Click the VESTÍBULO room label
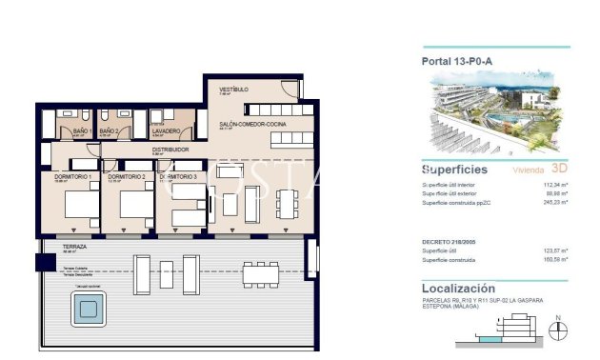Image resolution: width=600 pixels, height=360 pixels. coord(233,90)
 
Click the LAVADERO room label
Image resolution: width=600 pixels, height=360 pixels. coord(166,130)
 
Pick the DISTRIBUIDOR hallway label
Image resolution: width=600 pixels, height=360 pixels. coord(171,150)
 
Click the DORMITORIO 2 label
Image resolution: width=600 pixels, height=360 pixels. coord(127,176)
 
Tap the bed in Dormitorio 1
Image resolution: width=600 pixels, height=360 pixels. coord(76,206)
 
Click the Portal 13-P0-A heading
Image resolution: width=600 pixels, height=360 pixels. coord(456,62)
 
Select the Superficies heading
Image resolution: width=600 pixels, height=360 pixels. coord(454,170)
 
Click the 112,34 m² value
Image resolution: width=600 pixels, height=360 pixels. coord(553,185)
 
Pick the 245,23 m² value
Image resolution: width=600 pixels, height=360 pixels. coord(553,202)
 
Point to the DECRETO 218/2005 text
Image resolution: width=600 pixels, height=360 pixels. coord(451,242)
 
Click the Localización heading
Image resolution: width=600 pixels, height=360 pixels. coord(458,287)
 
